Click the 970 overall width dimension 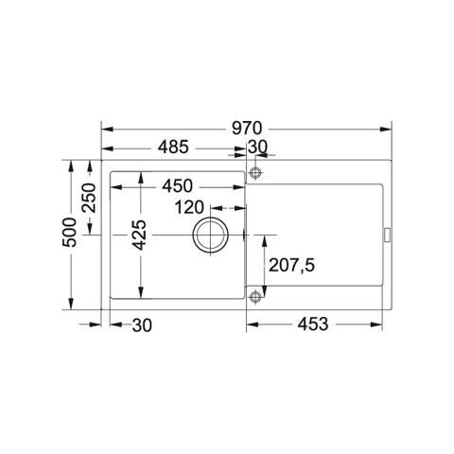click(x=247, y=129)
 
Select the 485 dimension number click(x=173, y=147)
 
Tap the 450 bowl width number click(x=177, y=186)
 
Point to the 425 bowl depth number click(x=139, y=235)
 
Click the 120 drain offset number click(x=189, y=207)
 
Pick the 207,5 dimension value click(x=291, y=265)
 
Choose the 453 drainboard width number click(x=313, y=324)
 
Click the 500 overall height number click(x=69, y=233)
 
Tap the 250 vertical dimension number click(x=88, y=198)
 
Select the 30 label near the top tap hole click(x=257, y=147)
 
